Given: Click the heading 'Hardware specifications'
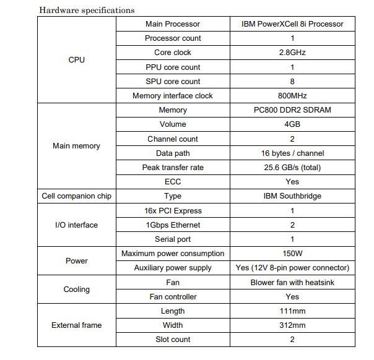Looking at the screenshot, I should pyautogui.click(x=87, y=10).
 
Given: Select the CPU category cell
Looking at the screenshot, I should pyautogui.click(x=76, y=60).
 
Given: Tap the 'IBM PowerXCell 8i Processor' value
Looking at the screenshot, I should pyautogui.click(x=292, y=24).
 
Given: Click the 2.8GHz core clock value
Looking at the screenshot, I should pyautogui.click(x=292, y=53).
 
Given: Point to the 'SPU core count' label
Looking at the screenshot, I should pyautogui.click(x=173, y=82).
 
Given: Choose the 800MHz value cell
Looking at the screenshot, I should pyautogui.click(x=292, y=96).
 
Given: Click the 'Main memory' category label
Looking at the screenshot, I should pyautogui.click(x=76, y=146).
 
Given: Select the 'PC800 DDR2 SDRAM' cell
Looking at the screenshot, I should pyautogui.click(x=292, y=110).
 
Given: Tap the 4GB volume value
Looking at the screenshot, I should pyautogui.click(x=292, y=124).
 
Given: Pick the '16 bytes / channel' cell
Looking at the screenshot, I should pyautogui.click(x=292, y=153).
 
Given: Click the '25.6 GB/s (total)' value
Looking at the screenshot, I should pyautogui.click(x=292, y=168).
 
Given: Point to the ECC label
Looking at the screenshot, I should pyautogui.click(x=173, y=182).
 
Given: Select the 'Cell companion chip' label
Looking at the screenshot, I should pyautogui.click(x=76, y=196).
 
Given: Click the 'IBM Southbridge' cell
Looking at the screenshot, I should pyautogui.click(x=292, y=196).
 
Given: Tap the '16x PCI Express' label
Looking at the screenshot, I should pyautogui.click(x=173, y=211).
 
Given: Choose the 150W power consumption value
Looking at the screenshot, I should pyautogui.click(x=292, y=254).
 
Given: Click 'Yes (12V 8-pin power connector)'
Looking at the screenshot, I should pyautogui.click(x=292, y=268).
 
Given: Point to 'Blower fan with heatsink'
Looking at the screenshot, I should pyautogui.click(x=292, y=283).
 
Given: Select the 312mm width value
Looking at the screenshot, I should pyautogui.click(x=292, y=325).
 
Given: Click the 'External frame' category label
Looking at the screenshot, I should pyautogui.click(x=76, y=325).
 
